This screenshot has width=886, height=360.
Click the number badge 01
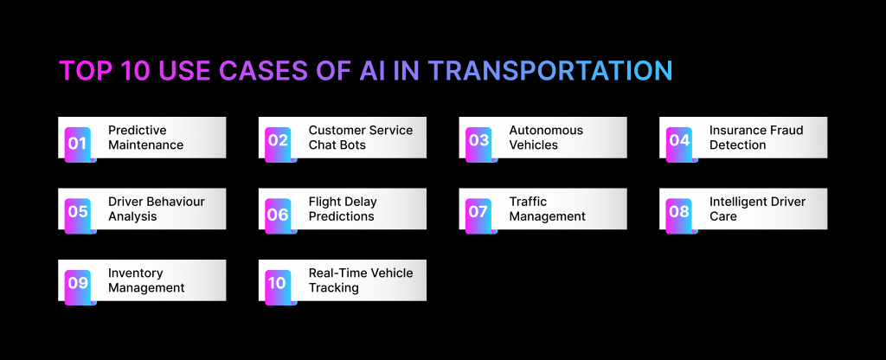[x=77, y=145]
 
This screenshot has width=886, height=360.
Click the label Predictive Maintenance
[x=145, y=138]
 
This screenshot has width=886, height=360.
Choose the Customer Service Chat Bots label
[x=361, y=138]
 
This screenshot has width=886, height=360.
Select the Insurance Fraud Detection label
[x=756, y=138]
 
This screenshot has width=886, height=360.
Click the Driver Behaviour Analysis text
[x=157, y=209]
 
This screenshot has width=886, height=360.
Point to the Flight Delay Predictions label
[x=343, y=209]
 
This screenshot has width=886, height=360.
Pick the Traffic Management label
[x=547, y=209]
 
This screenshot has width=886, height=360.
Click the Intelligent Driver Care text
[x=757, y=209]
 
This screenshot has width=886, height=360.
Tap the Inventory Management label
[x=145, y=280]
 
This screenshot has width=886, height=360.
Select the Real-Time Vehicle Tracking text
[x=361, y=280]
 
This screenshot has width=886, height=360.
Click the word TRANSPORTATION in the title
[x=549, y=71]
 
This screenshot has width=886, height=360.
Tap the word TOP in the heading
[x=85, y=71]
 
